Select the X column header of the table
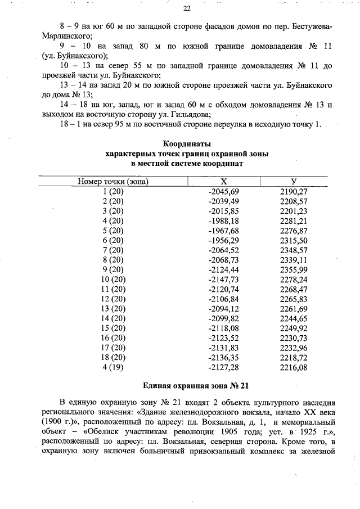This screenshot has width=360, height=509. tap(223, 182)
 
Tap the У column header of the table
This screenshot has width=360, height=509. tap(294, 182)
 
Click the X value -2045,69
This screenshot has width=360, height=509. tap(224, 192)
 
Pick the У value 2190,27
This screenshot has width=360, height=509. tap(294, 192)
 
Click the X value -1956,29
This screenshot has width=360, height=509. tap(224, 240)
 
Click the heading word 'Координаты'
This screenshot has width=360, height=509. tap(187, 143)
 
